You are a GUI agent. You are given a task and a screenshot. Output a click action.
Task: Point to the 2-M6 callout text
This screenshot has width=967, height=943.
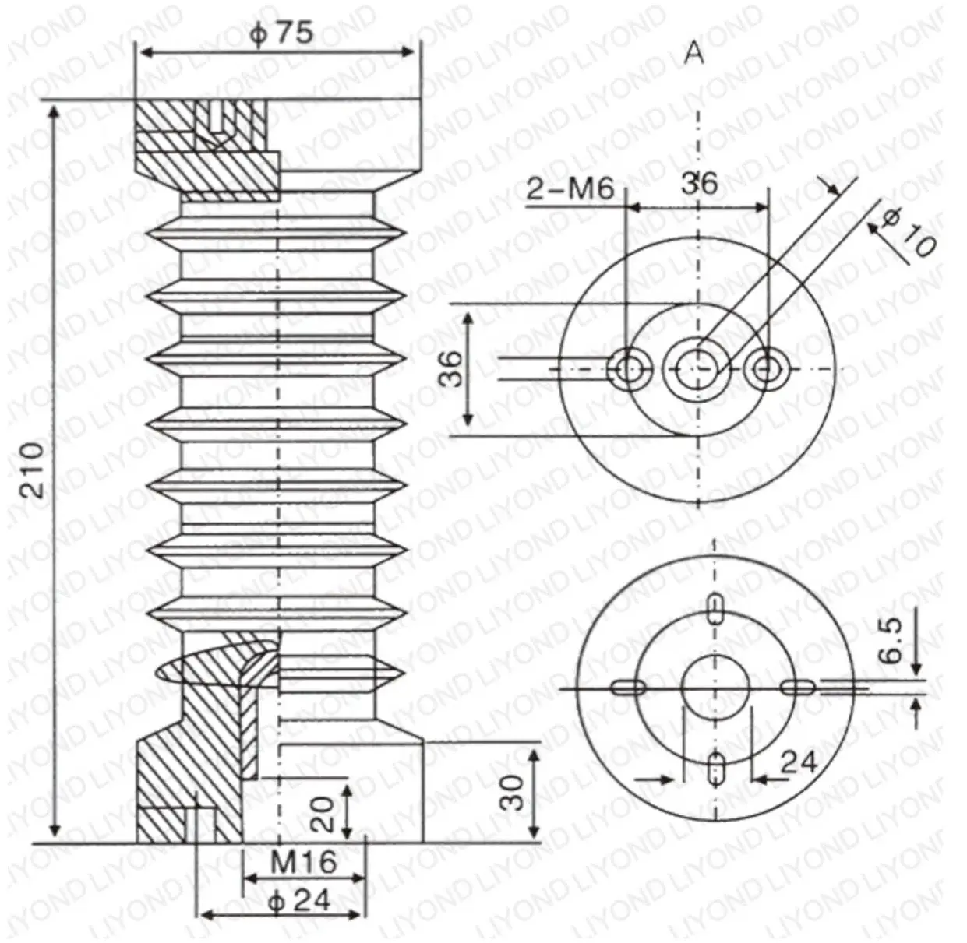570,188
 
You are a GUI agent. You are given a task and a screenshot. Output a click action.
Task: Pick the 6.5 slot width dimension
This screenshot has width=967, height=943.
891,641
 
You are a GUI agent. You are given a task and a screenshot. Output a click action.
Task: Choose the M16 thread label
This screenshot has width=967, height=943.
303,862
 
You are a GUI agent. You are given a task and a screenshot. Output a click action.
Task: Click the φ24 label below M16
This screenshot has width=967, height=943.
298,900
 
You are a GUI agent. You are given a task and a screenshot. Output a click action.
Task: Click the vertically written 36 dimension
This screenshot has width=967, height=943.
450,368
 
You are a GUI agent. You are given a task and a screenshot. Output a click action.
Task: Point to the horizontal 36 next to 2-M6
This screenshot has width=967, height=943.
699,184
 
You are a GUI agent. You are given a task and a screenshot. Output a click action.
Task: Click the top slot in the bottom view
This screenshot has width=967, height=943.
715,609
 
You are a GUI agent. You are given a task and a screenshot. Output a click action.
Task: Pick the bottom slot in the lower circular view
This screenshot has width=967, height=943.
715,767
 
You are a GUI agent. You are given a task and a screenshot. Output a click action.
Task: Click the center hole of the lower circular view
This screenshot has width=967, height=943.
715,688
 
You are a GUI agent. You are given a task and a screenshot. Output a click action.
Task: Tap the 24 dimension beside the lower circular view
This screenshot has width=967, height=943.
797,762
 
